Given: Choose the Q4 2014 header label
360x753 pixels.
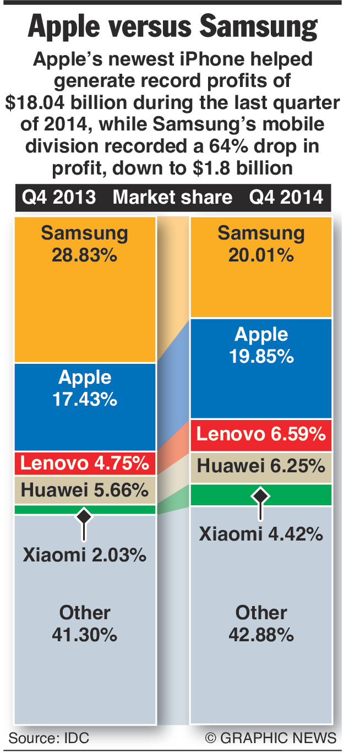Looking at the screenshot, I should [x=286, y=197].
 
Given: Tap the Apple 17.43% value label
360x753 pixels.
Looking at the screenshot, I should [x=85, y=399].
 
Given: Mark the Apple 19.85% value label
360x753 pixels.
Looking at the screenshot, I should [x=261, y=356].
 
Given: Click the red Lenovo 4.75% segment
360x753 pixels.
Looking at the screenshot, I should [x=85, y=463].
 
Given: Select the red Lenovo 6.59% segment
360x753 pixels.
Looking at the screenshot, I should [x=261, y=434].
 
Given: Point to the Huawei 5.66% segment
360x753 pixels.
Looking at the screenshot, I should [x=85, y=489].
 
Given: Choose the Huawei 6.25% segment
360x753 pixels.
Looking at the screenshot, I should [x=261, y=467].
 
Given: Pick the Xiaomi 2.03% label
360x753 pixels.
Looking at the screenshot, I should [x=85, y=554].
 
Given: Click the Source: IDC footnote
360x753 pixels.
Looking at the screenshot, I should [x=48, y=738].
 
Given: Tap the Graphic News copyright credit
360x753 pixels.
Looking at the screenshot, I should [x=270, y=738].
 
